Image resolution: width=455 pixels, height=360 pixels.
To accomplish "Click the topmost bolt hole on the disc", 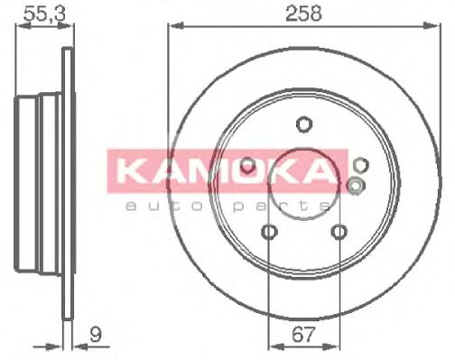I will point(303,125).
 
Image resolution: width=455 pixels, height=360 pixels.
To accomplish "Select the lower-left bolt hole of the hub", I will point(269,233).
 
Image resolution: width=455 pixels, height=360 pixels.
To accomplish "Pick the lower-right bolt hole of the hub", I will point(339,233).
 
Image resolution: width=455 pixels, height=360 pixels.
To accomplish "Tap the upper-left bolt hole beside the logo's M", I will point(246,164).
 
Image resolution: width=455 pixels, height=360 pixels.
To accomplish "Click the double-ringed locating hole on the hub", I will point(355,186).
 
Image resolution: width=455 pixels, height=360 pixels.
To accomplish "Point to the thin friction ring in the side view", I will point(66,180).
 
